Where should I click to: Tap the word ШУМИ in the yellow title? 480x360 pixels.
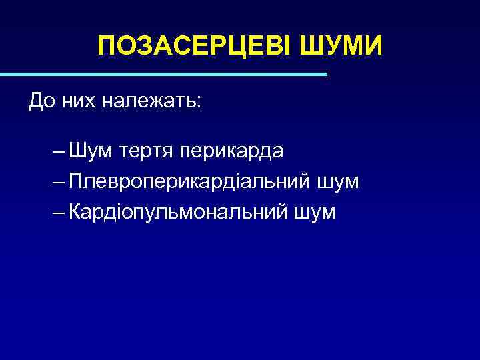pos(343,47)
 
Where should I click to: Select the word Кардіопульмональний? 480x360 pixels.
pos(179,213)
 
